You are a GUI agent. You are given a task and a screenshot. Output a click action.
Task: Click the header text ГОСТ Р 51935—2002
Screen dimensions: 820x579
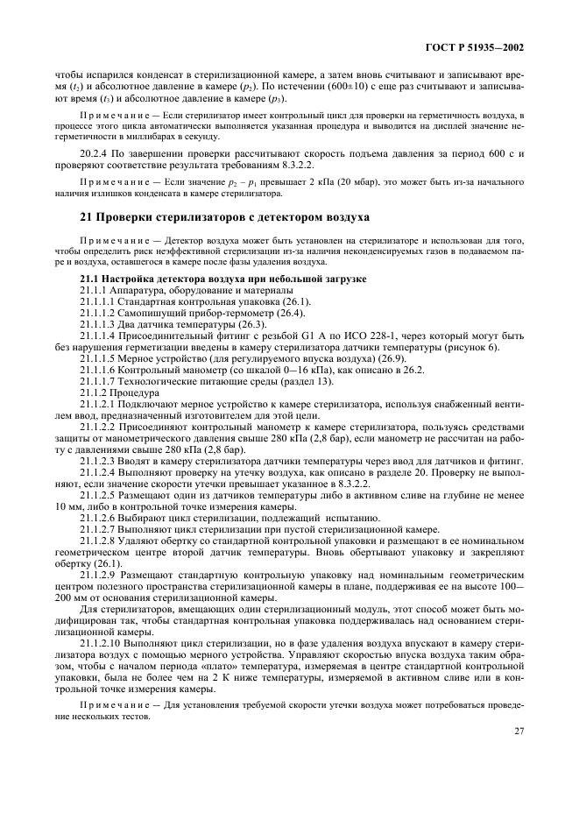(x=483, y=47)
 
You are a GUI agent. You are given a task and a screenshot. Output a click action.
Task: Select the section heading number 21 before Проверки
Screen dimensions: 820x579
(x=87, y=216)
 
